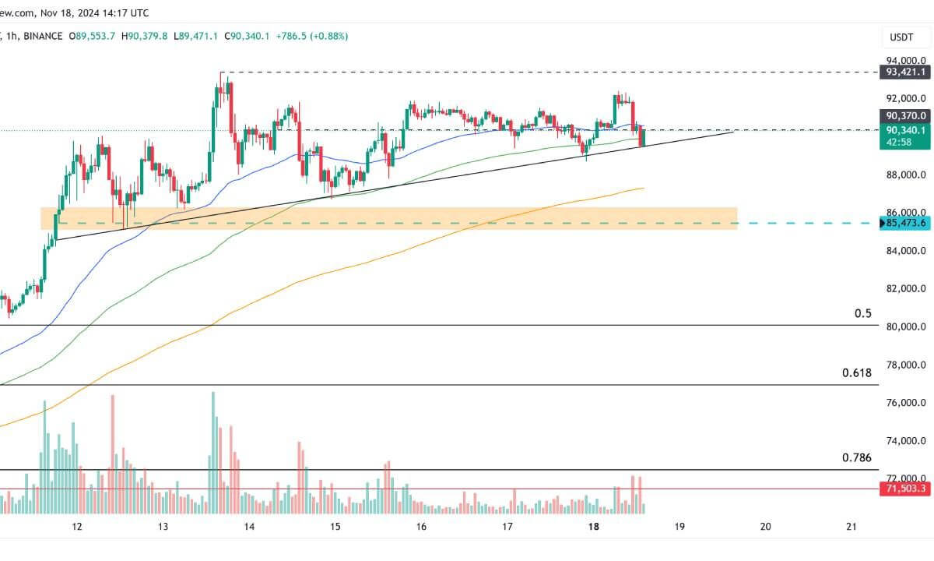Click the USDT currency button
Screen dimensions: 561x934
click(x=902, y=37)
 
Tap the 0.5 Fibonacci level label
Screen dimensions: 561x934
click(x=863, y=314)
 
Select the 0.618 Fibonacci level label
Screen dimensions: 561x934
click(x=857, y=373)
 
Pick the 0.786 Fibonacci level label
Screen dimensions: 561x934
click(x=857, y=458)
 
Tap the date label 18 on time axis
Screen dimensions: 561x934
click(x=594, y=527)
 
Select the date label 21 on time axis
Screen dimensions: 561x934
click(x=851, y=527)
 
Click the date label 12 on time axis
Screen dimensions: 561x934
click(x=77, y=527)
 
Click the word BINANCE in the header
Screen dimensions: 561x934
click(x=44, y=36)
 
